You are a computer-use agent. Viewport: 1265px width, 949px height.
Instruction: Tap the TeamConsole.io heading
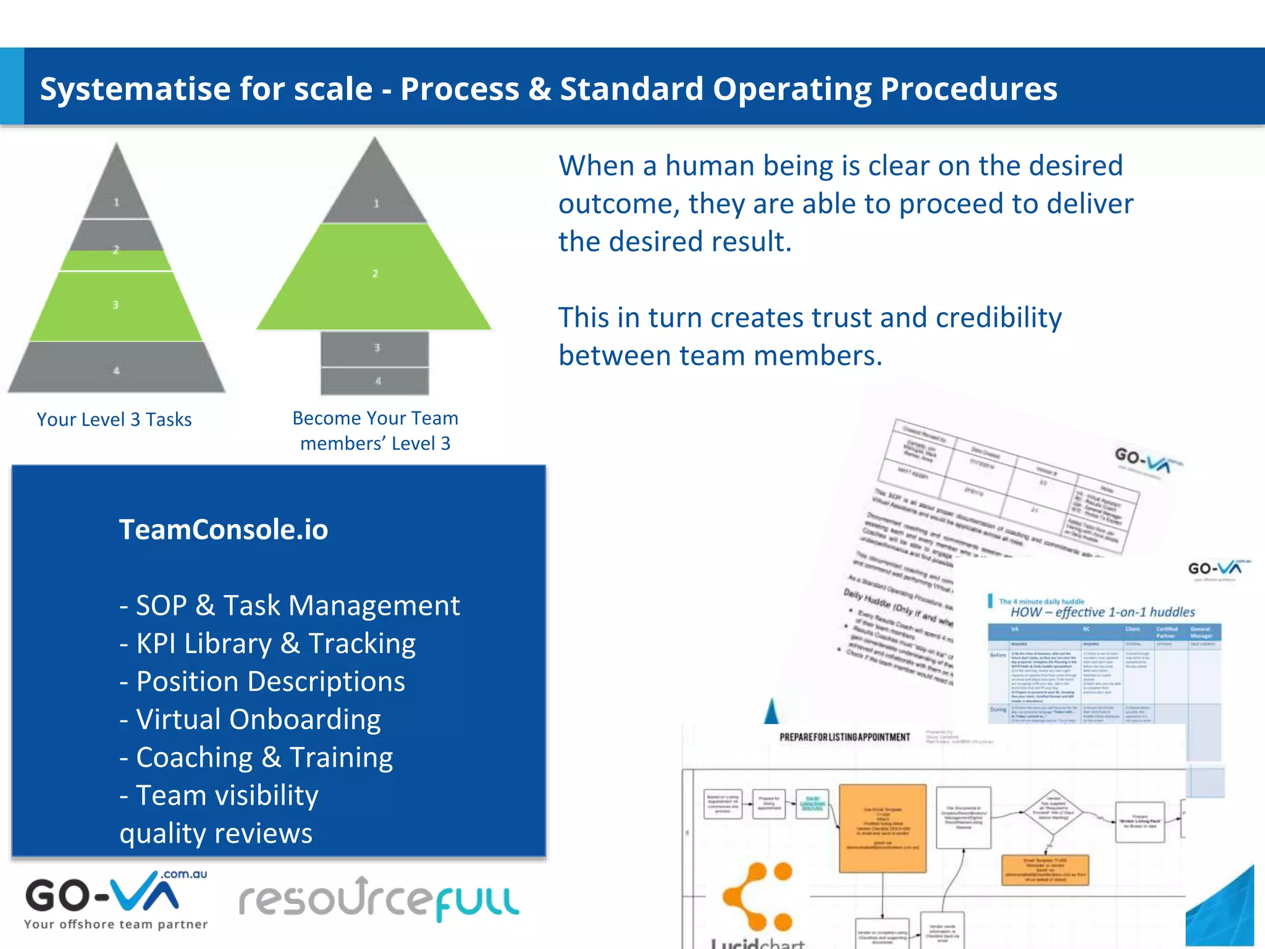click(x=224, y=529)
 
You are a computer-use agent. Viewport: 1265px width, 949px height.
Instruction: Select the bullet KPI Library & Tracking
click(x=275, y=643)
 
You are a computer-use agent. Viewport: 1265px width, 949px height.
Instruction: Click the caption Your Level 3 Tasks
click(x=114, y=420)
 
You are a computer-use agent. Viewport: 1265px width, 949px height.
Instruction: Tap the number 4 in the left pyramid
click(x=116, y=371)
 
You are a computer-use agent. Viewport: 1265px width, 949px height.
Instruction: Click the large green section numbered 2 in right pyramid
click(x=375, y=275)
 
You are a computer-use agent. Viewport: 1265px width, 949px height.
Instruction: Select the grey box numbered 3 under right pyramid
click(x=376, y=348)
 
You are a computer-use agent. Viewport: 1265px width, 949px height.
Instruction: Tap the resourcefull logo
click(x=379, y=900)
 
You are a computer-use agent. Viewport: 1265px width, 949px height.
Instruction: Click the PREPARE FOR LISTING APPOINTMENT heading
click(x=844, y=737)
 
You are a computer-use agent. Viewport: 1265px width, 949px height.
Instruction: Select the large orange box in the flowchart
click(x=883, y=828)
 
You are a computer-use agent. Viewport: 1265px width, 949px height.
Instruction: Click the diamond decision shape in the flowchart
click(x=1054, y=812)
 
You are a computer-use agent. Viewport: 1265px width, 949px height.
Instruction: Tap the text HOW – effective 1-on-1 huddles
click(x=1103, y=612)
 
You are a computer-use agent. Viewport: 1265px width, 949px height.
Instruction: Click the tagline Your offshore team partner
click(x=116, y=924)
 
